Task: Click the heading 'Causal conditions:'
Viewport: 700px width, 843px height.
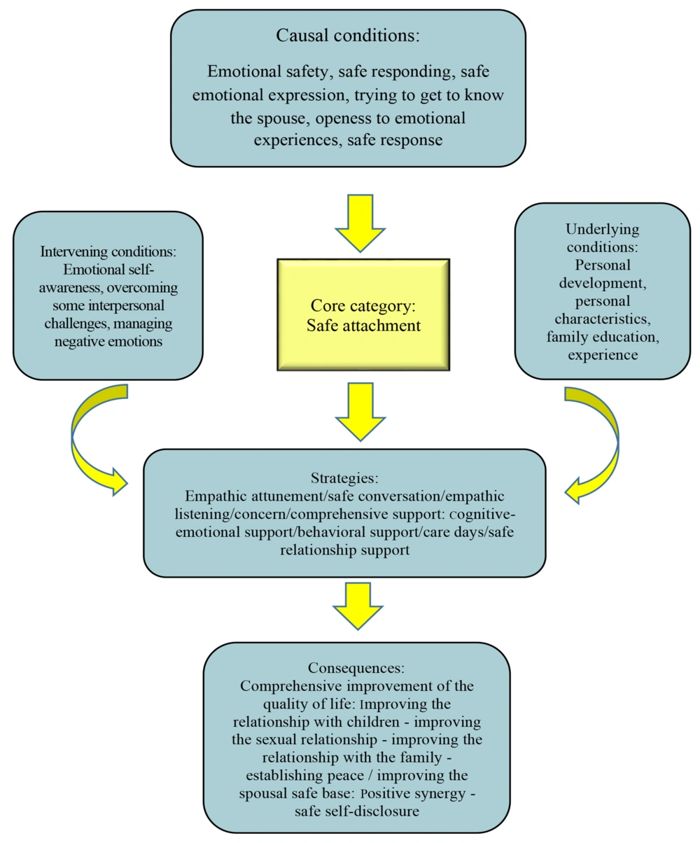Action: [x=348, y=36]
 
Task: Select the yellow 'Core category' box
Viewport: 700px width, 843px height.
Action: [x=363, y=314]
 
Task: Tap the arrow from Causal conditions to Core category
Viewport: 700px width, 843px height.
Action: [x=360, y=223]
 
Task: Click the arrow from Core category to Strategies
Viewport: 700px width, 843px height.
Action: [x=360, y=412]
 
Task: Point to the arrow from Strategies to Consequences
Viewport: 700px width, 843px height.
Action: [x=358, y=606]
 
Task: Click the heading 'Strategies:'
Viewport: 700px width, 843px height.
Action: [x=345, y=478]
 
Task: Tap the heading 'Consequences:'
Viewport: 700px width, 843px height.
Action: [x=356, y=667]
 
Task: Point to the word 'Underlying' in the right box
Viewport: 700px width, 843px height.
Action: [x=602, y=230]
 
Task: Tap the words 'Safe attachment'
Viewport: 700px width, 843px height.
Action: [x=363, y=326]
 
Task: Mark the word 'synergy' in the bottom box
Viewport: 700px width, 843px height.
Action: [x=441, y=794]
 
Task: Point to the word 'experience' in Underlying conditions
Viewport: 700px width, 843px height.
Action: [x=603, y=355]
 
